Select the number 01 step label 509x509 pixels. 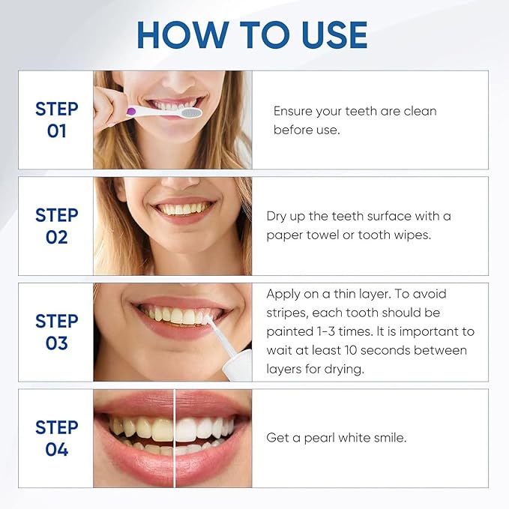(x=57, y=131)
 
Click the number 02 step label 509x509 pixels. (x=57, y=238)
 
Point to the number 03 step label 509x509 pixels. (x=57, y=344)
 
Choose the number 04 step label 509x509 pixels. (x=57, y=450)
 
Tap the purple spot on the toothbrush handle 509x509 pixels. (x=132, y=111)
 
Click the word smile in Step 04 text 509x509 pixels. (x=390, y=438)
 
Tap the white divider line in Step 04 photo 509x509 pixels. (x=175, y=438)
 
